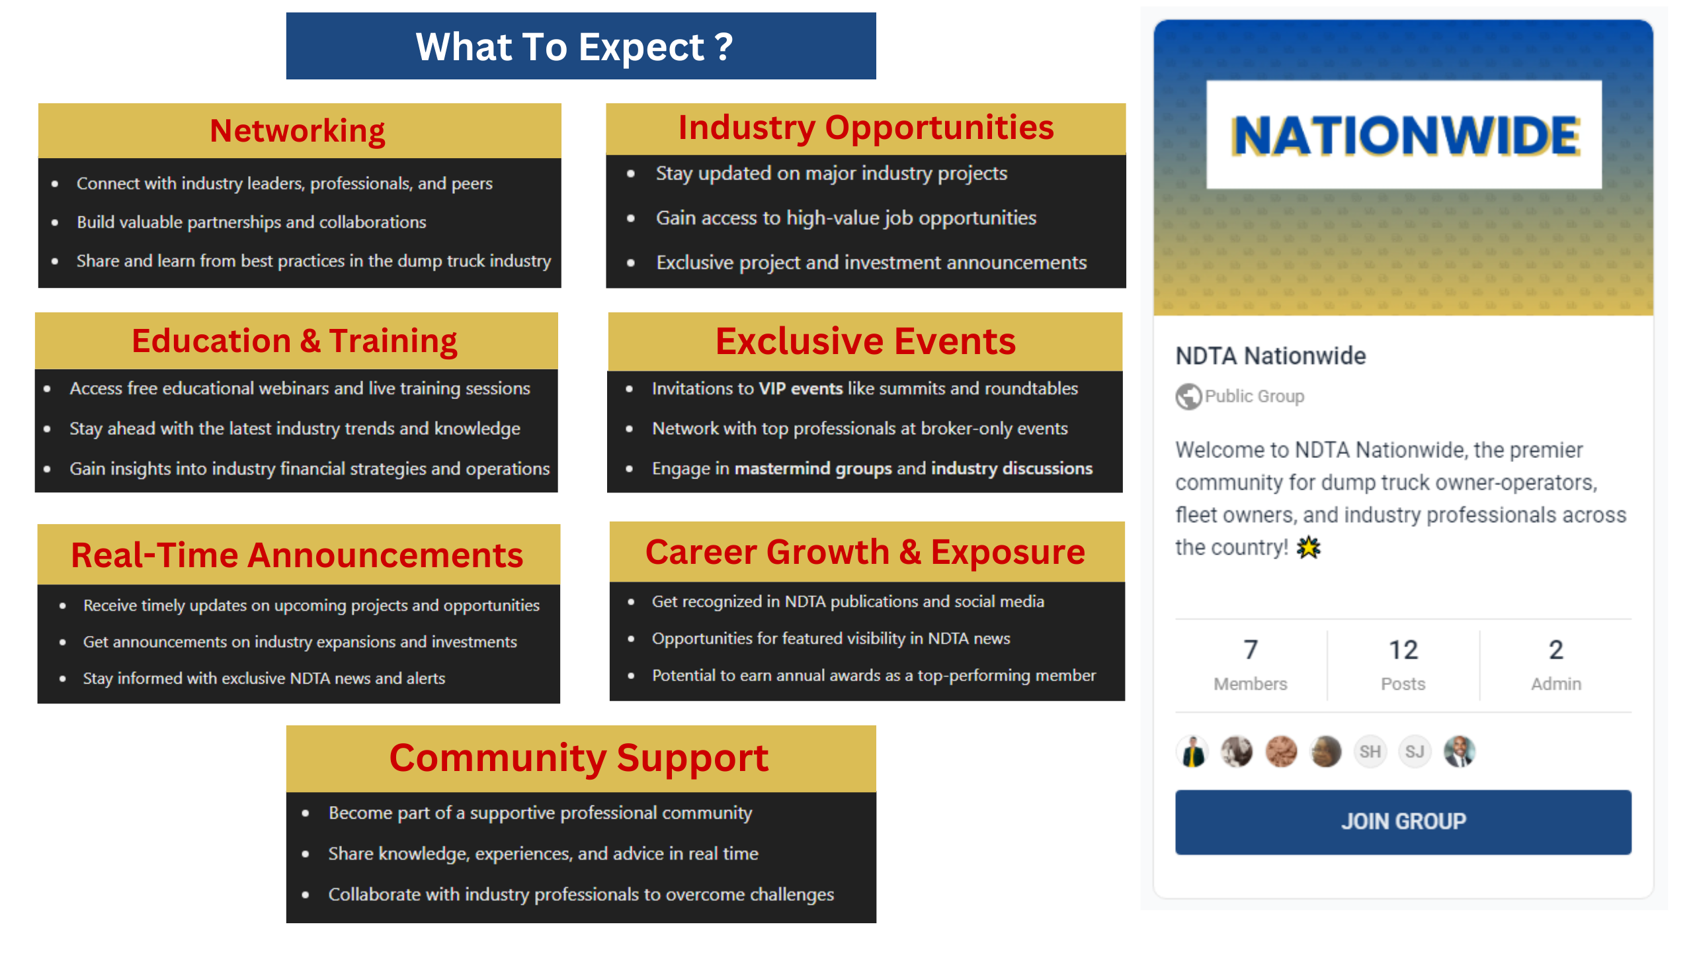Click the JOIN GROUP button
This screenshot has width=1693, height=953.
click(1403, 821)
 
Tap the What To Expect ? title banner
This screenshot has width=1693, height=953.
click(581, 46)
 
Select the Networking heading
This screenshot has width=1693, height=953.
click(298, 130)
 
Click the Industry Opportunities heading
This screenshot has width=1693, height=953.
click(866, 128)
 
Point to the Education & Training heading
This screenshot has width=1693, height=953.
click(294, 341)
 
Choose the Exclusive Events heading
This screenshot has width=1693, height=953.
click(865, 341)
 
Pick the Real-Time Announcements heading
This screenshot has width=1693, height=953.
click(297, 555)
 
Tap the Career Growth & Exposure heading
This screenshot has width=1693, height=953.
click(865, 552)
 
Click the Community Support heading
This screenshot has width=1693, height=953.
click(579, 758)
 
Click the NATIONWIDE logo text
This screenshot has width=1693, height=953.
click(1405, 136)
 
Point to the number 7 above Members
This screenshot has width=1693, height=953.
click(1250, 650)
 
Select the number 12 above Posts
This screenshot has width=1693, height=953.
click(1403, 650)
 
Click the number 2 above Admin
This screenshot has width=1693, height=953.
click(1555, 650)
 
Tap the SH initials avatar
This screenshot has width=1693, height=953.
click(1370, 752)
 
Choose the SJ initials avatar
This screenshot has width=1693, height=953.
click(1415, 752)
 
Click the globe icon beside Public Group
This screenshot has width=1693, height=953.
click(1188, 396)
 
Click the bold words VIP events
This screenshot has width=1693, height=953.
click(800, 388)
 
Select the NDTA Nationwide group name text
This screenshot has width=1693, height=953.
click(1270, 356)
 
